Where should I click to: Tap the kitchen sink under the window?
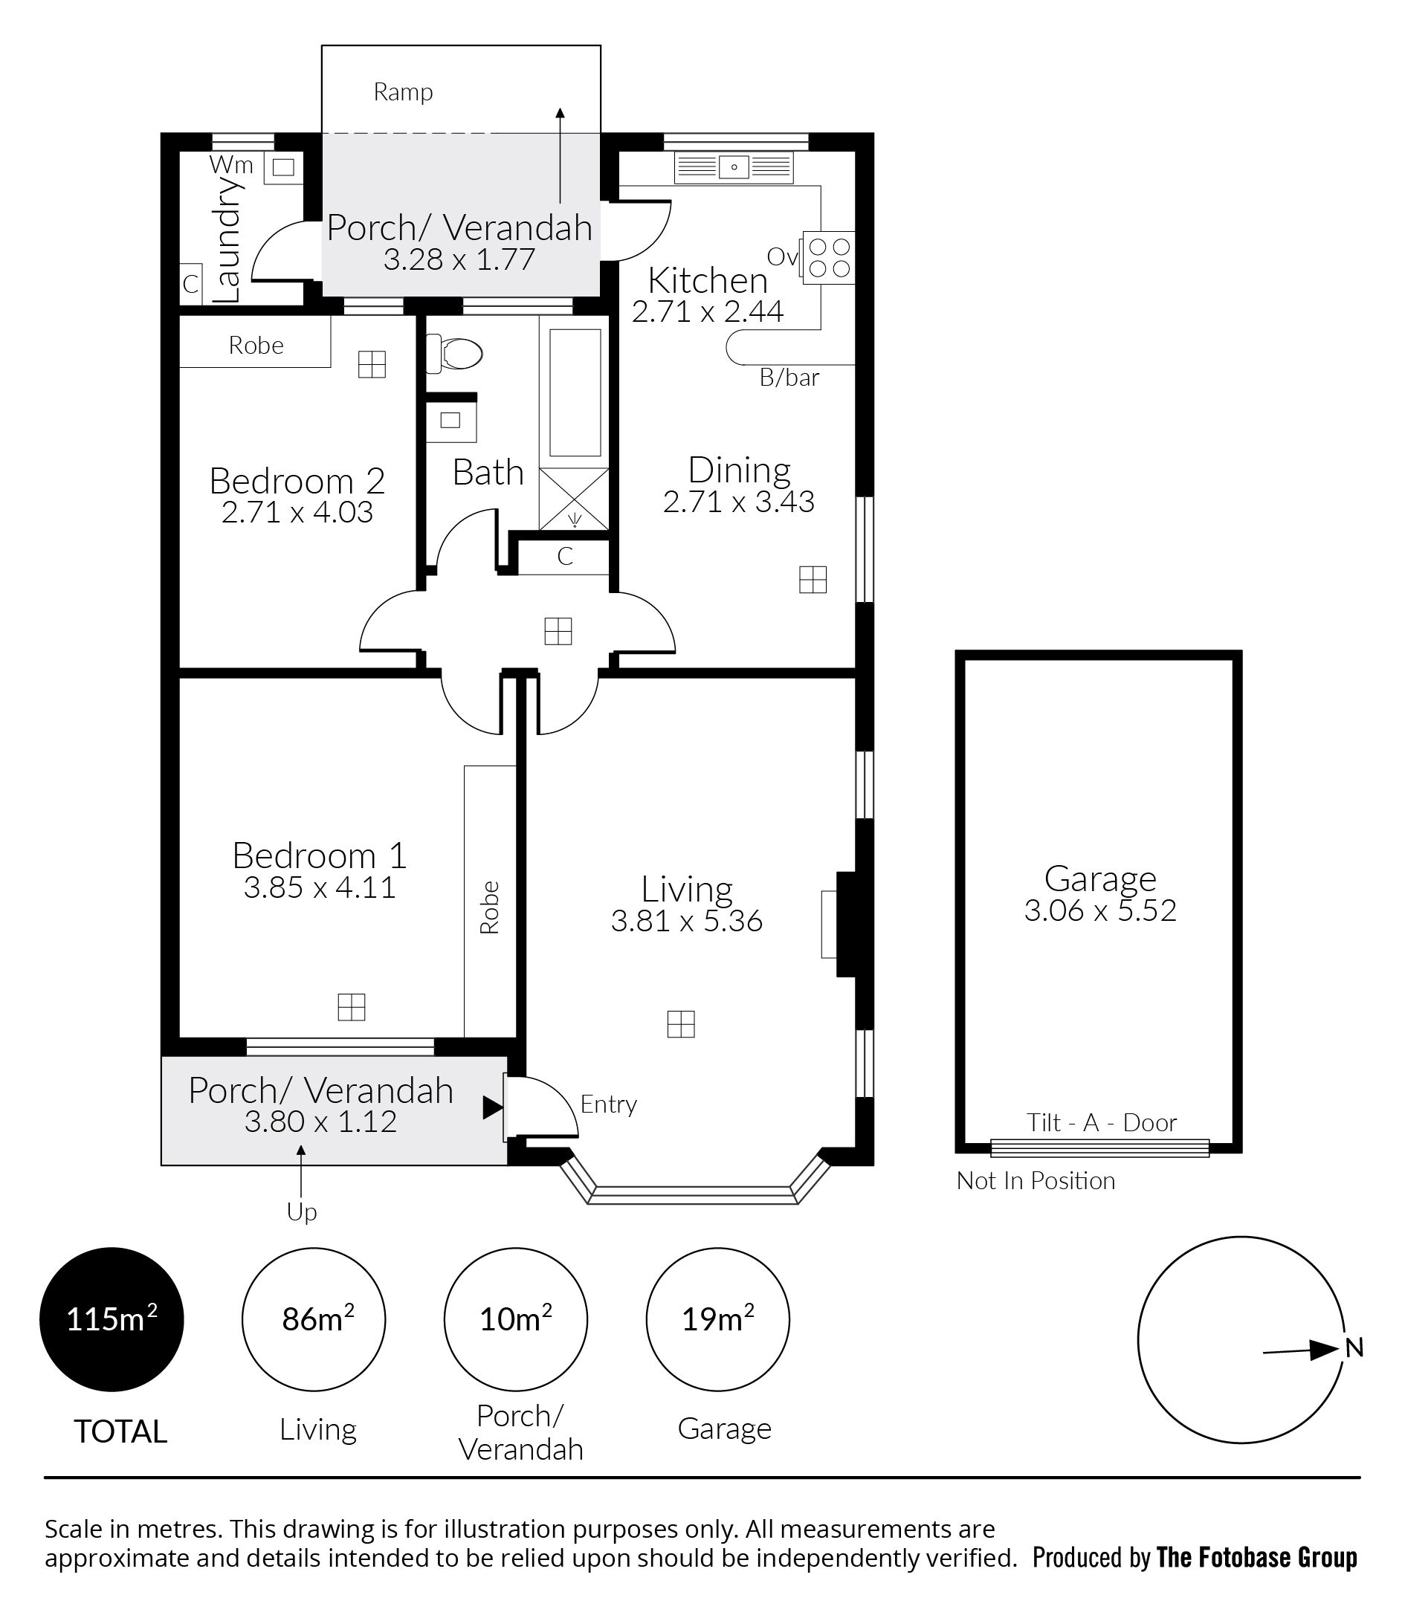(734, 167)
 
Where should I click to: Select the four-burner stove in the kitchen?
(828, 258)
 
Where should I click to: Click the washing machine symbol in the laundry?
(282, 166)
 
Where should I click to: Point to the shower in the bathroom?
(574, 499)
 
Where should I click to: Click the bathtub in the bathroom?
(575, 392)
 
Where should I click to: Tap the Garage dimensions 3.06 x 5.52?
(1100, 910)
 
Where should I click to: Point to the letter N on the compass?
(1354, 1347)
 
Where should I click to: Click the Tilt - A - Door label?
(1102, 1122)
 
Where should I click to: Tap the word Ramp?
(403, 92)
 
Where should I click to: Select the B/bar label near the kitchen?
(789, 378)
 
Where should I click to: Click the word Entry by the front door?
(608, 1104)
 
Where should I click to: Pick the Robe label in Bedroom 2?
(256, 345)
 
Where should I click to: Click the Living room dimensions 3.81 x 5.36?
(687, 921)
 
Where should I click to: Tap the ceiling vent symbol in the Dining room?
(813, 579)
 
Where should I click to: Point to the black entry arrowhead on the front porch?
(492, 1107)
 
